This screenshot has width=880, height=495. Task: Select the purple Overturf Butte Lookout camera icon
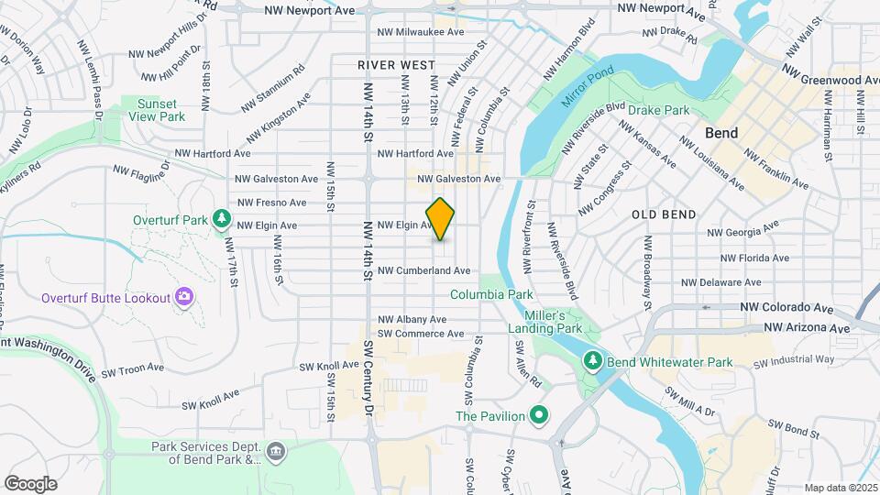[184, 296]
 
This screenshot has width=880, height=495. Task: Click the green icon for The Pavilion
[539, 416]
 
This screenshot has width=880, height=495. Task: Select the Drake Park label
[658, 110]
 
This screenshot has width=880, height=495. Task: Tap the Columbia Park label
[491, 295]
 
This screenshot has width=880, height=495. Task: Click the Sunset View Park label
[158, 110]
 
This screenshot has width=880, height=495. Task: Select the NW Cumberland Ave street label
[423, 270]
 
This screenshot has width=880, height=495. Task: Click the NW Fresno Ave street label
[272, 202]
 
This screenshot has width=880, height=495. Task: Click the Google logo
[30, 483]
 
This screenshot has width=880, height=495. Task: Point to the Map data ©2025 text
[840, 488]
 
